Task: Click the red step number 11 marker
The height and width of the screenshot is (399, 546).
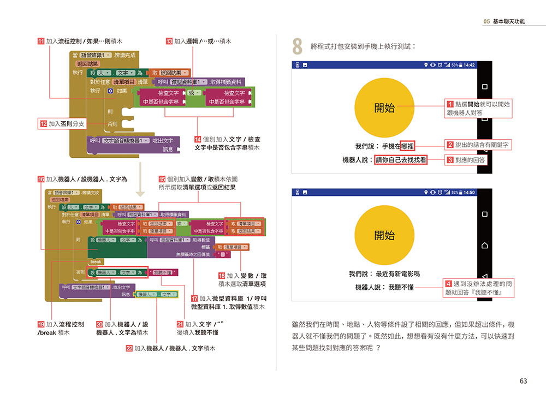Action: pos(41,41)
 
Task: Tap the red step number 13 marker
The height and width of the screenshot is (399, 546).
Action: pos(169,41)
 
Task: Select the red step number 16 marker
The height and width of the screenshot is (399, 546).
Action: pos(41,179)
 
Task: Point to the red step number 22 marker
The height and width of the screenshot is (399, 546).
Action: pos(129,348)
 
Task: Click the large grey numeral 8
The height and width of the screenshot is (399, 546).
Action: pos(298,47)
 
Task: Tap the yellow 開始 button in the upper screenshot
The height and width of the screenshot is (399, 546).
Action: pos(384,108)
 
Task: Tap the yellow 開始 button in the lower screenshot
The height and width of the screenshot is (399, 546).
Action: pos(384,236)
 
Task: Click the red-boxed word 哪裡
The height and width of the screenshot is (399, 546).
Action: pos(407,146)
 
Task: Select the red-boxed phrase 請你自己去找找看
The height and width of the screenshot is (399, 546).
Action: pos(401,160)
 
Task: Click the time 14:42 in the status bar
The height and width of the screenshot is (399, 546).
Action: pos(469,65)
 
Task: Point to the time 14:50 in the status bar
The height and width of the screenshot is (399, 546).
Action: pos(469,193)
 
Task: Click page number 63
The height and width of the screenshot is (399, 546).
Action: pos(523,381)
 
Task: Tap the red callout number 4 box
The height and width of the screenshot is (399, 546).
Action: pos(448,284)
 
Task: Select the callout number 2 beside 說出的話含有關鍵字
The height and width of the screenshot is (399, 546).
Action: pos(450,145)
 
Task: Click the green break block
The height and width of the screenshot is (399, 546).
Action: pos(96,261)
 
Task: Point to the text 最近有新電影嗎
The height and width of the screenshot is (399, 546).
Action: pos(397,273)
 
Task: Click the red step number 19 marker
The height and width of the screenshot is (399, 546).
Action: pos(41,324)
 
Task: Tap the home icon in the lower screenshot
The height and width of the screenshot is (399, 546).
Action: pos(484,245)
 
